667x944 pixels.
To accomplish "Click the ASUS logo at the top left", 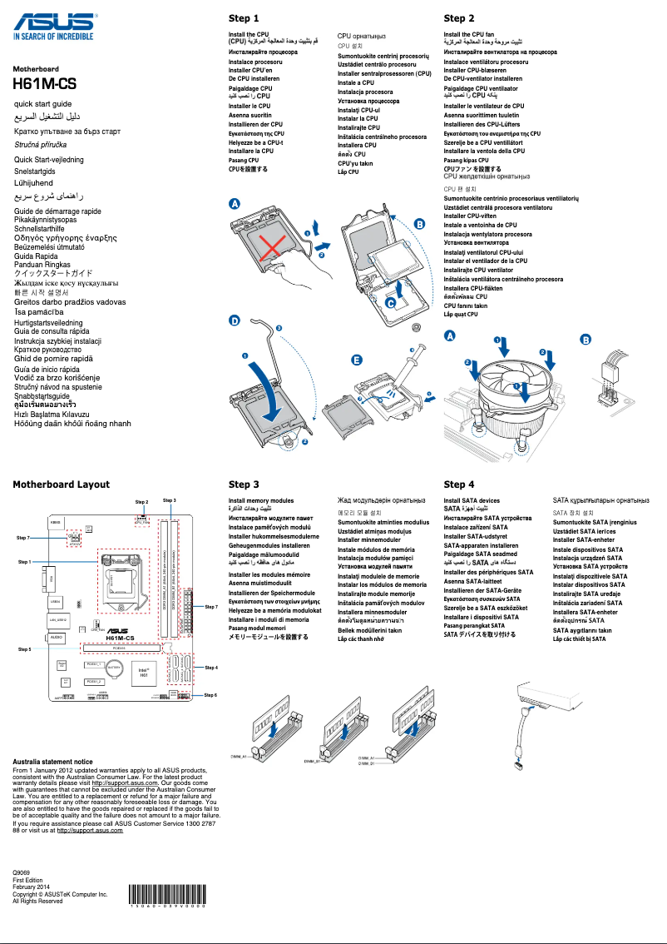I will click(x=52, y=17).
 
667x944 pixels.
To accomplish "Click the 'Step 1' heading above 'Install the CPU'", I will click(x=244, y=18).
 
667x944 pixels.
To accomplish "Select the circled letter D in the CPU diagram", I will click(x=235, y=320).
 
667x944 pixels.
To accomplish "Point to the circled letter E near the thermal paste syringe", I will click(x=357, y=360).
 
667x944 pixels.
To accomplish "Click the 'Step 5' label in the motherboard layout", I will click(x=24, y=648).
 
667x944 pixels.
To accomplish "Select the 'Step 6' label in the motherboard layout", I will click(x=210, y=694).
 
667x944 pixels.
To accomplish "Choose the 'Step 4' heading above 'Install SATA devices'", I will click(x=459, y=484).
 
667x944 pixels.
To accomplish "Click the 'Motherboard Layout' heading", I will click(x=61, y=484).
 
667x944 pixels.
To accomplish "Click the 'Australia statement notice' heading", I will click(x=52, y=762).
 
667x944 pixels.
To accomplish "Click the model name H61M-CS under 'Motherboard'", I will click(x=43, y=84).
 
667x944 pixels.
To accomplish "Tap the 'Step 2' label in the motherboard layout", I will click(x=141, y=502).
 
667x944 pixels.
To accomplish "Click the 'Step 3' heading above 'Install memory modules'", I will click(x=244, y=484).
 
